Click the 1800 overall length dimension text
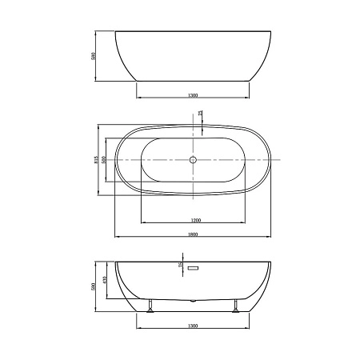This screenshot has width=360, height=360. point(193,234)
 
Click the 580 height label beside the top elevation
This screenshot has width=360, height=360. point(94,56)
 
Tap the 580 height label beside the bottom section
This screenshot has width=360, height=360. point(94,286)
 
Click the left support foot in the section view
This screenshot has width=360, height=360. point(150,306)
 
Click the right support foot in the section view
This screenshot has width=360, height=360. point(236,306)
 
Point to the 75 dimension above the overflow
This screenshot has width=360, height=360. point(181,265)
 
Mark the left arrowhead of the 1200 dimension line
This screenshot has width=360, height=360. point(142,222)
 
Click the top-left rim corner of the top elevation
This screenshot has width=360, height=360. point(116,32)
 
